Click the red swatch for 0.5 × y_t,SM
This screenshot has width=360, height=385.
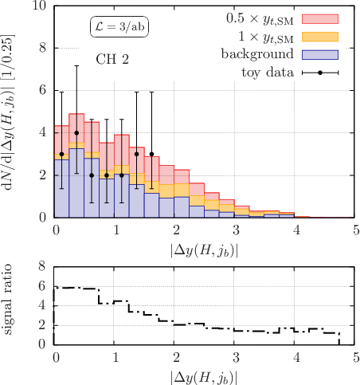320,19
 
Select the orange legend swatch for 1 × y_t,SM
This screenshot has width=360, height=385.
320,37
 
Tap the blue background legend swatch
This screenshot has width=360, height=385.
320,55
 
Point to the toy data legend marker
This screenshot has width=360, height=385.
320,73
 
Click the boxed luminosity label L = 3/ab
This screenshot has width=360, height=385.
119,26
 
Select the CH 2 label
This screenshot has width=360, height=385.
112,59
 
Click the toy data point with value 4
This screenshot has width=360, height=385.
76,133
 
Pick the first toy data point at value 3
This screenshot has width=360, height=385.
61,154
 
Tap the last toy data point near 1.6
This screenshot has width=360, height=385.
151,154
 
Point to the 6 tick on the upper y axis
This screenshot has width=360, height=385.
43,90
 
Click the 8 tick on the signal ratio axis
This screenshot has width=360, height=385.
42,266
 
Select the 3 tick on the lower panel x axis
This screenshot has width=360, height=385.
237,357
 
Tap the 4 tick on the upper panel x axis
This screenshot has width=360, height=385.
296,230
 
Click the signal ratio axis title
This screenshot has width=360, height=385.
8,299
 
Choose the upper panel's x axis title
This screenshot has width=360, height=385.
204,251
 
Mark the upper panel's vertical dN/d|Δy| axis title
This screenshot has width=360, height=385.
9,112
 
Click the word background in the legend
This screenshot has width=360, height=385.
257,54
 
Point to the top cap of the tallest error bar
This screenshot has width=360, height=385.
76,65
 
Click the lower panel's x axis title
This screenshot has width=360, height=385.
204,378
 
